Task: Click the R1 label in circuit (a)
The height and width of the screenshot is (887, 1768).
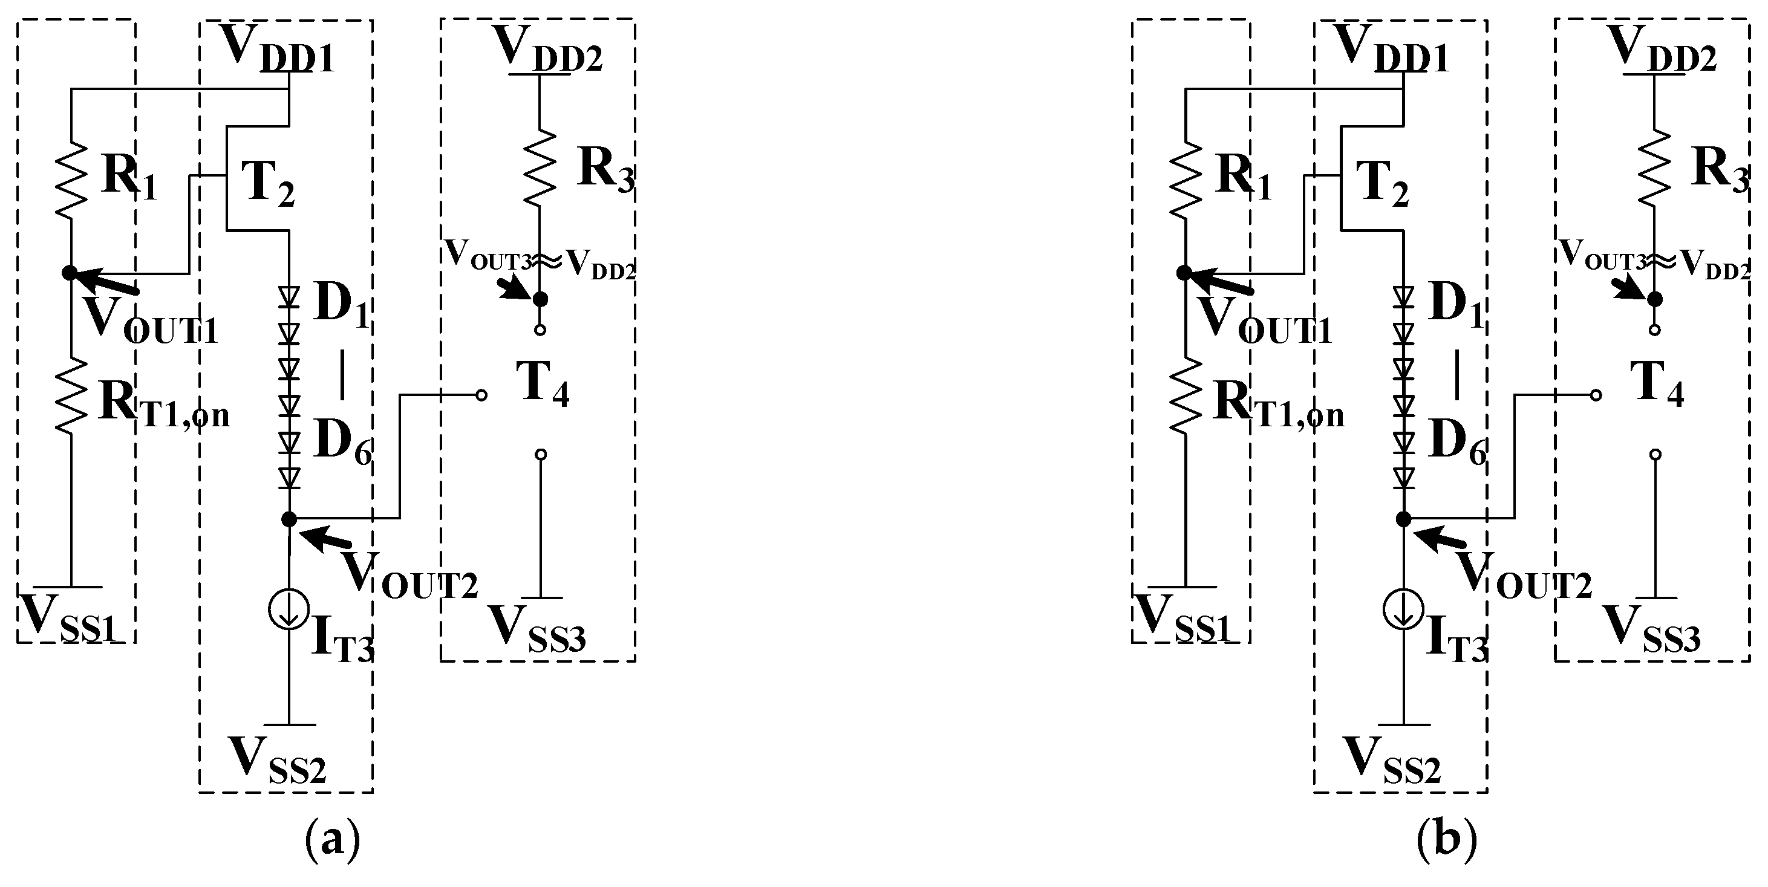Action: [128, 177]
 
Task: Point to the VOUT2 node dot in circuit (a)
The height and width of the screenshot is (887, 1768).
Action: [290, 519]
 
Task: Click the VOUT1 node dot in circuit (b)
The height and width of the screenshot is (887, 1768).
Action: [1184, 273]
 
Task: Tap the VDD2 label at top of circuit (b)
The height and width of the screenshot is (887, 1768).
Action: [1661, 48]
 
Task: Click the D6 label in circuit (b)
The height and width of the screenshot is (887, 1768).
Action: [1457, 443]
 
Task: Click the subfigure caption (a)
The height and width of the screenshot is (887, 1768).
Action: [332, 839]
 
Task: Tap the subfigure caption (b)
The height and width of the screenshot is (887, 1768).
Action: [1447, 839]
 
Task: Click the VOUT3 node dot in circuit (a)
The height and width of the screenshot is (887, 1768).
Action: [540, 299]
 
